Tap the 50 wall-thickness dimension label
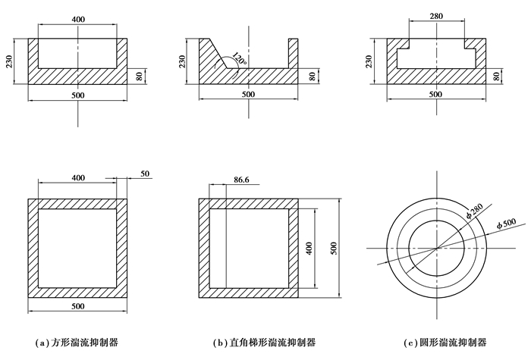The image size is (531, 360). coord(146,174)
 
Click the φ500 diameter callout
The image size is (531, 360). coord(505,222)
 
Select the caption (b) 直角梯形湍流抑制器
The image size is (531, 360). coord(258,343)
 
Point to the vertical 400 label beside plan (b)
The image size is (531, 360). coord(309,249)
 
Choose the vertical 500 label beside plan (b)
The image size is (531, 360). coord(334,249)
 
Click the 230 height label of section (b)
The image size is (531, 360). coord(182,61)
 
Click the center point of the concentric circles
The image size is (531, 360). coord(437,249)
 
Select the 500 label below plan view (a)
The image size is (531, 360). coord(77,306)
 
